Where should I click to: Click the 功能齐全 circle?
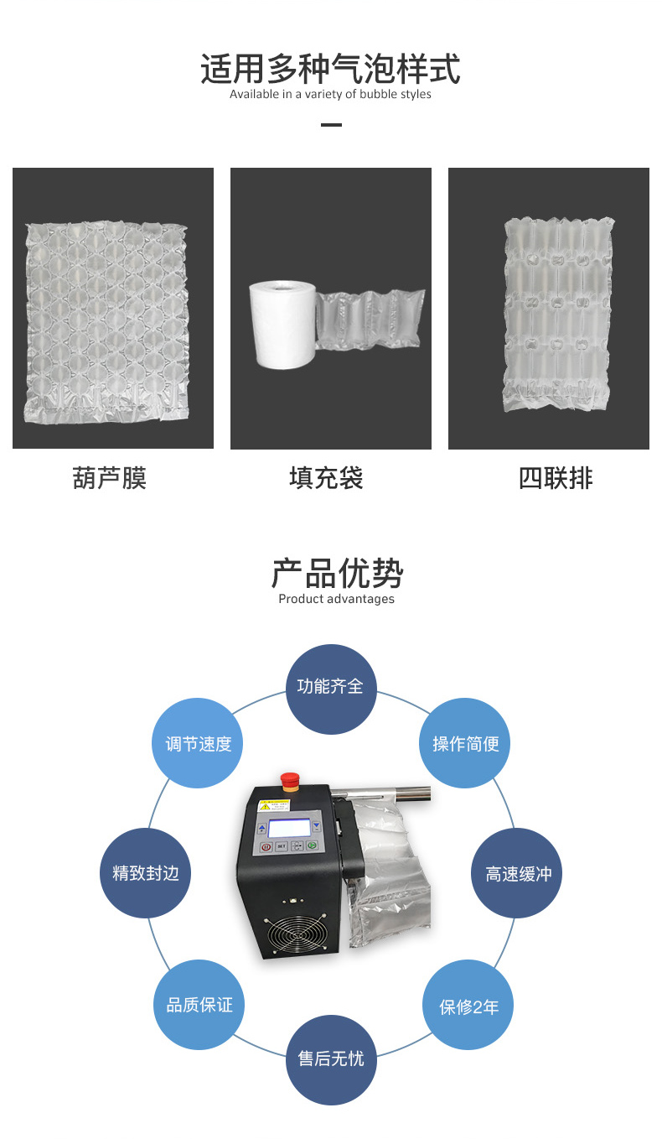point(331,689)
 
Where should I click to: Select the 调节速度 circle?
point(197,743)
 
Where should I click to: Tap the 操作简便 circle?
point(464,743)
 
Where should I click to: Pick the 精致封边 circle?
point(145,873)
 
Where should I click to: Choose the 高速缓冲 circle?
point(517,873)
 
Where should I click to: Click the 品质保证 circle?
point(199,1005)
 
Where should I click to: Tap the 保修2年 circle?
point(468,1005)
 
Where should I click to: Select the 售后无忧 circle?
point(331,1059)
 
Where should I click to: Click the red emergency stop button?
point(290,782)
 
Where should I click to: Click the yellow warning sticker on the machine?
point(274,805)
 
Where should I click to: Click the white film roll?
point(283,324)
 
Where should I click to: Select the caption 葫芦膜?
point(109,478)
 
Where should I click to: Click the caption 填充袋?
point(326,478)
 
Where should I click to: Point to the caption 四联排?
point(556,478)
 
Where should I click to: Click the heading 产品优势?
point(337,573)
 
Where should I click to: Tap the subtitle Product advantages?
point(336,599)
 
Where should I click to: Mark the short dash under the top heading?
point(331,125)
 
